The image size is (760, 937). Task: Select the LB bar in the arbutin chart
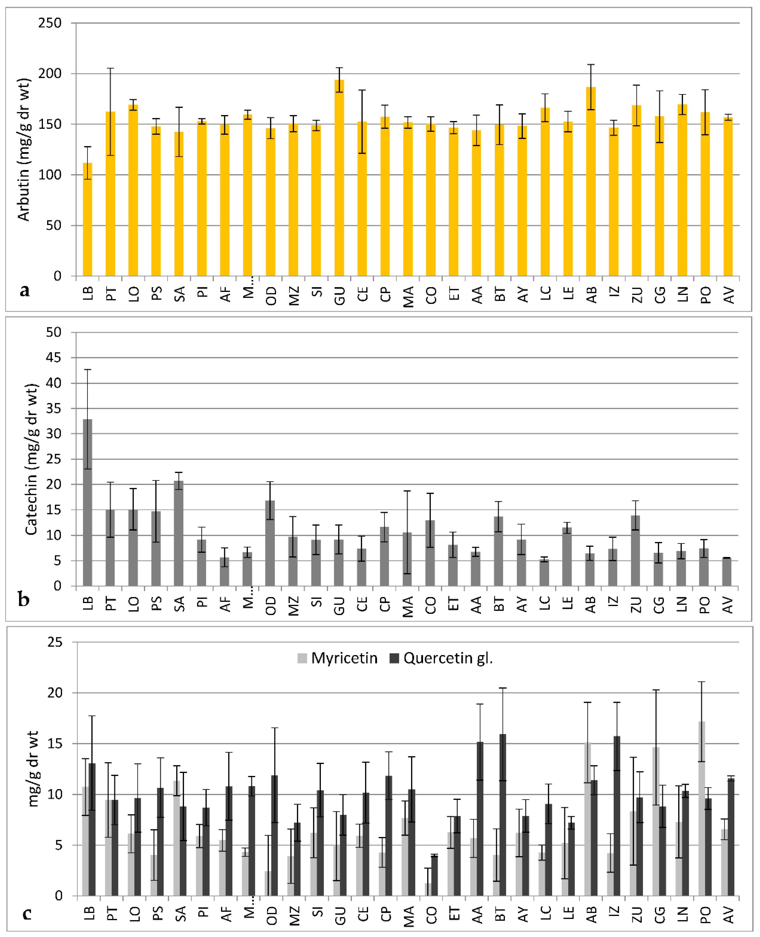point(87,219)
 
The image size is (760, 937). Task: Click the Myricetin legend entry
point(337,658)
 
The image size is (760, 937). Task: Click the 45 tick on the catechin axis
point(53,358)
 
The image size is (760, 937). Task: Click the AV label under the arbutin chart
point(728,295)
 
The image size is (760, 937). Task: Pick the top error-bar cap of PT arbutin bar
point(110,68)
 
